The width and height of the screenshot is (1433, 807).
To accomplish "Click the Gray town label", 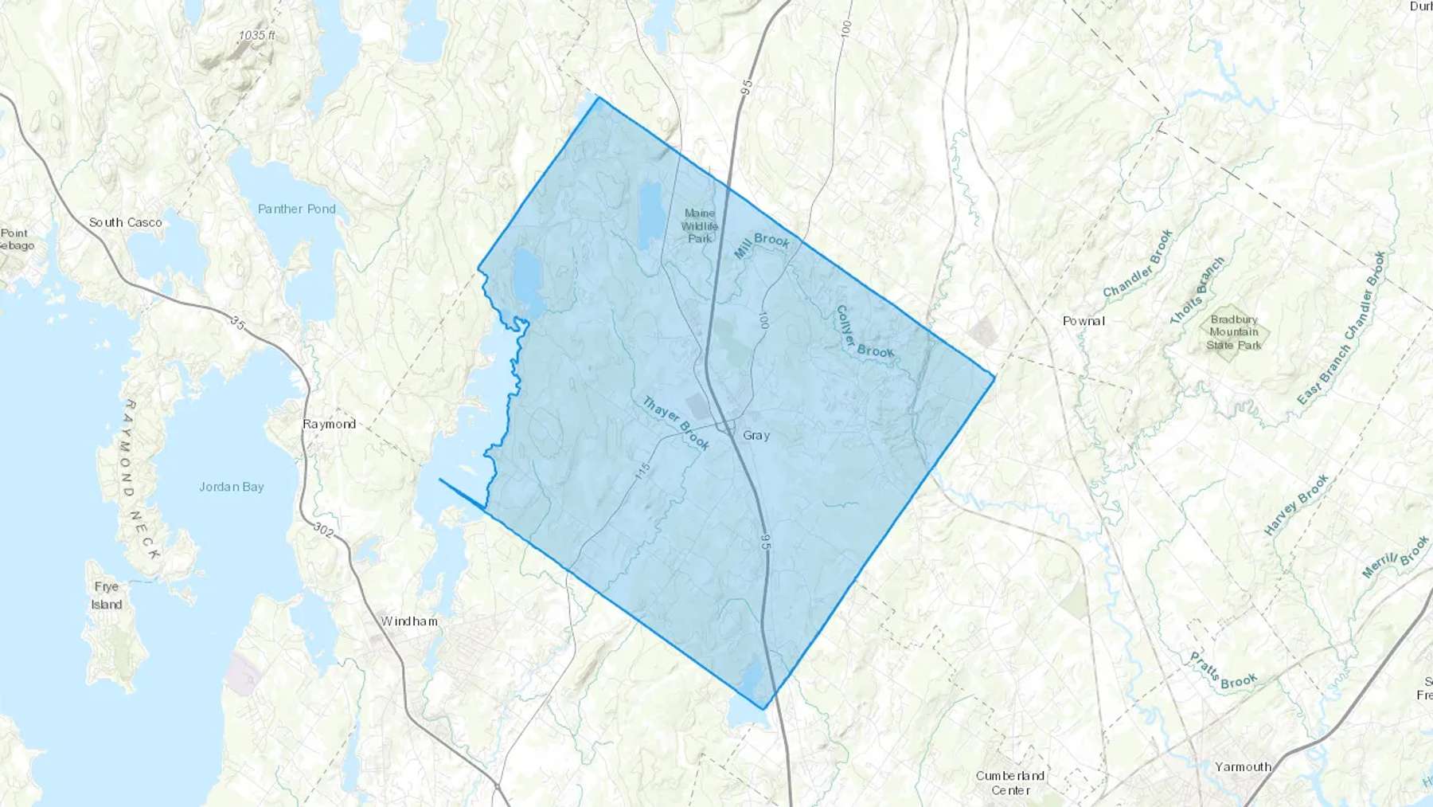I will pos(756,436).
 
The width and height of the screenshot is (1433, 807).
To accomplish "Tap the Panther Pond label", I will pos(297,209).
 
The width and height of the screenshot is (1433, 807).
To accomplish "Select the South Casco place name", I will pos(125,222).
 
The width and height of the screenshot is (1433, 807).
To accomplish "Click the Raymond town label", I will pos(329,424).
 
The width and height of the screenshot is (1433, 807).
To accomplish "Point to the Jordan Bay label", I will pos(231,487).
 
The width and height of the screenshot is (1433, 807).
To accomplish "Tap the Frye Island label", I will pos(106,595).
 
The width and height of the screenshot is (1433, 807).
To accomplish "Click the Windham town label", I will pos(409,621).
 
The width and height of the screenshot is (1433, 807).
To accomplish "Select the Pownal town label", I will pos(1084,321).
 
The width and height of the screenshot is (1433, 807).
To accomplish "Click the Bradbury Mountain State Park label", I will pos(1234,331).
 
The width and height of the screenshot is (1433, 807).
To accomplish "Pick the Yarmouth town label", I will pos(1243,766).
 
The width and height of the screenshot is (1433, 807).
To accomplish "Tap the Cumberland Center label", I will pos(1010,782).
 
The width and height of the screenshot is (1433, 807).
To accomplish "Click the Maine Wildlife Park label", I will pos(700,225).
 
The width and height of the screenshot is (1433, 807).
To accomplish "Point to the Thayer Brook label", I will pos(675,423).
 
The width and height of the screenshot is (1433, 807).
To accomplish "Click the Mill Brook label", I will pos(762,245).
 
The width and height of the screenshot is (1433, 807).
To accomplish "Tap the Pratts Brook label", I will pos(1223,671).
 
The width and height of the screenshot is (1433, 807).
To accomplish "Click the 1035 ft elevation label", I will pos(256,35).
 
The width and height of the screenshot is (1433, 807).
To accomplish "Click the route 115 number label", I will pos(643,470).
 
